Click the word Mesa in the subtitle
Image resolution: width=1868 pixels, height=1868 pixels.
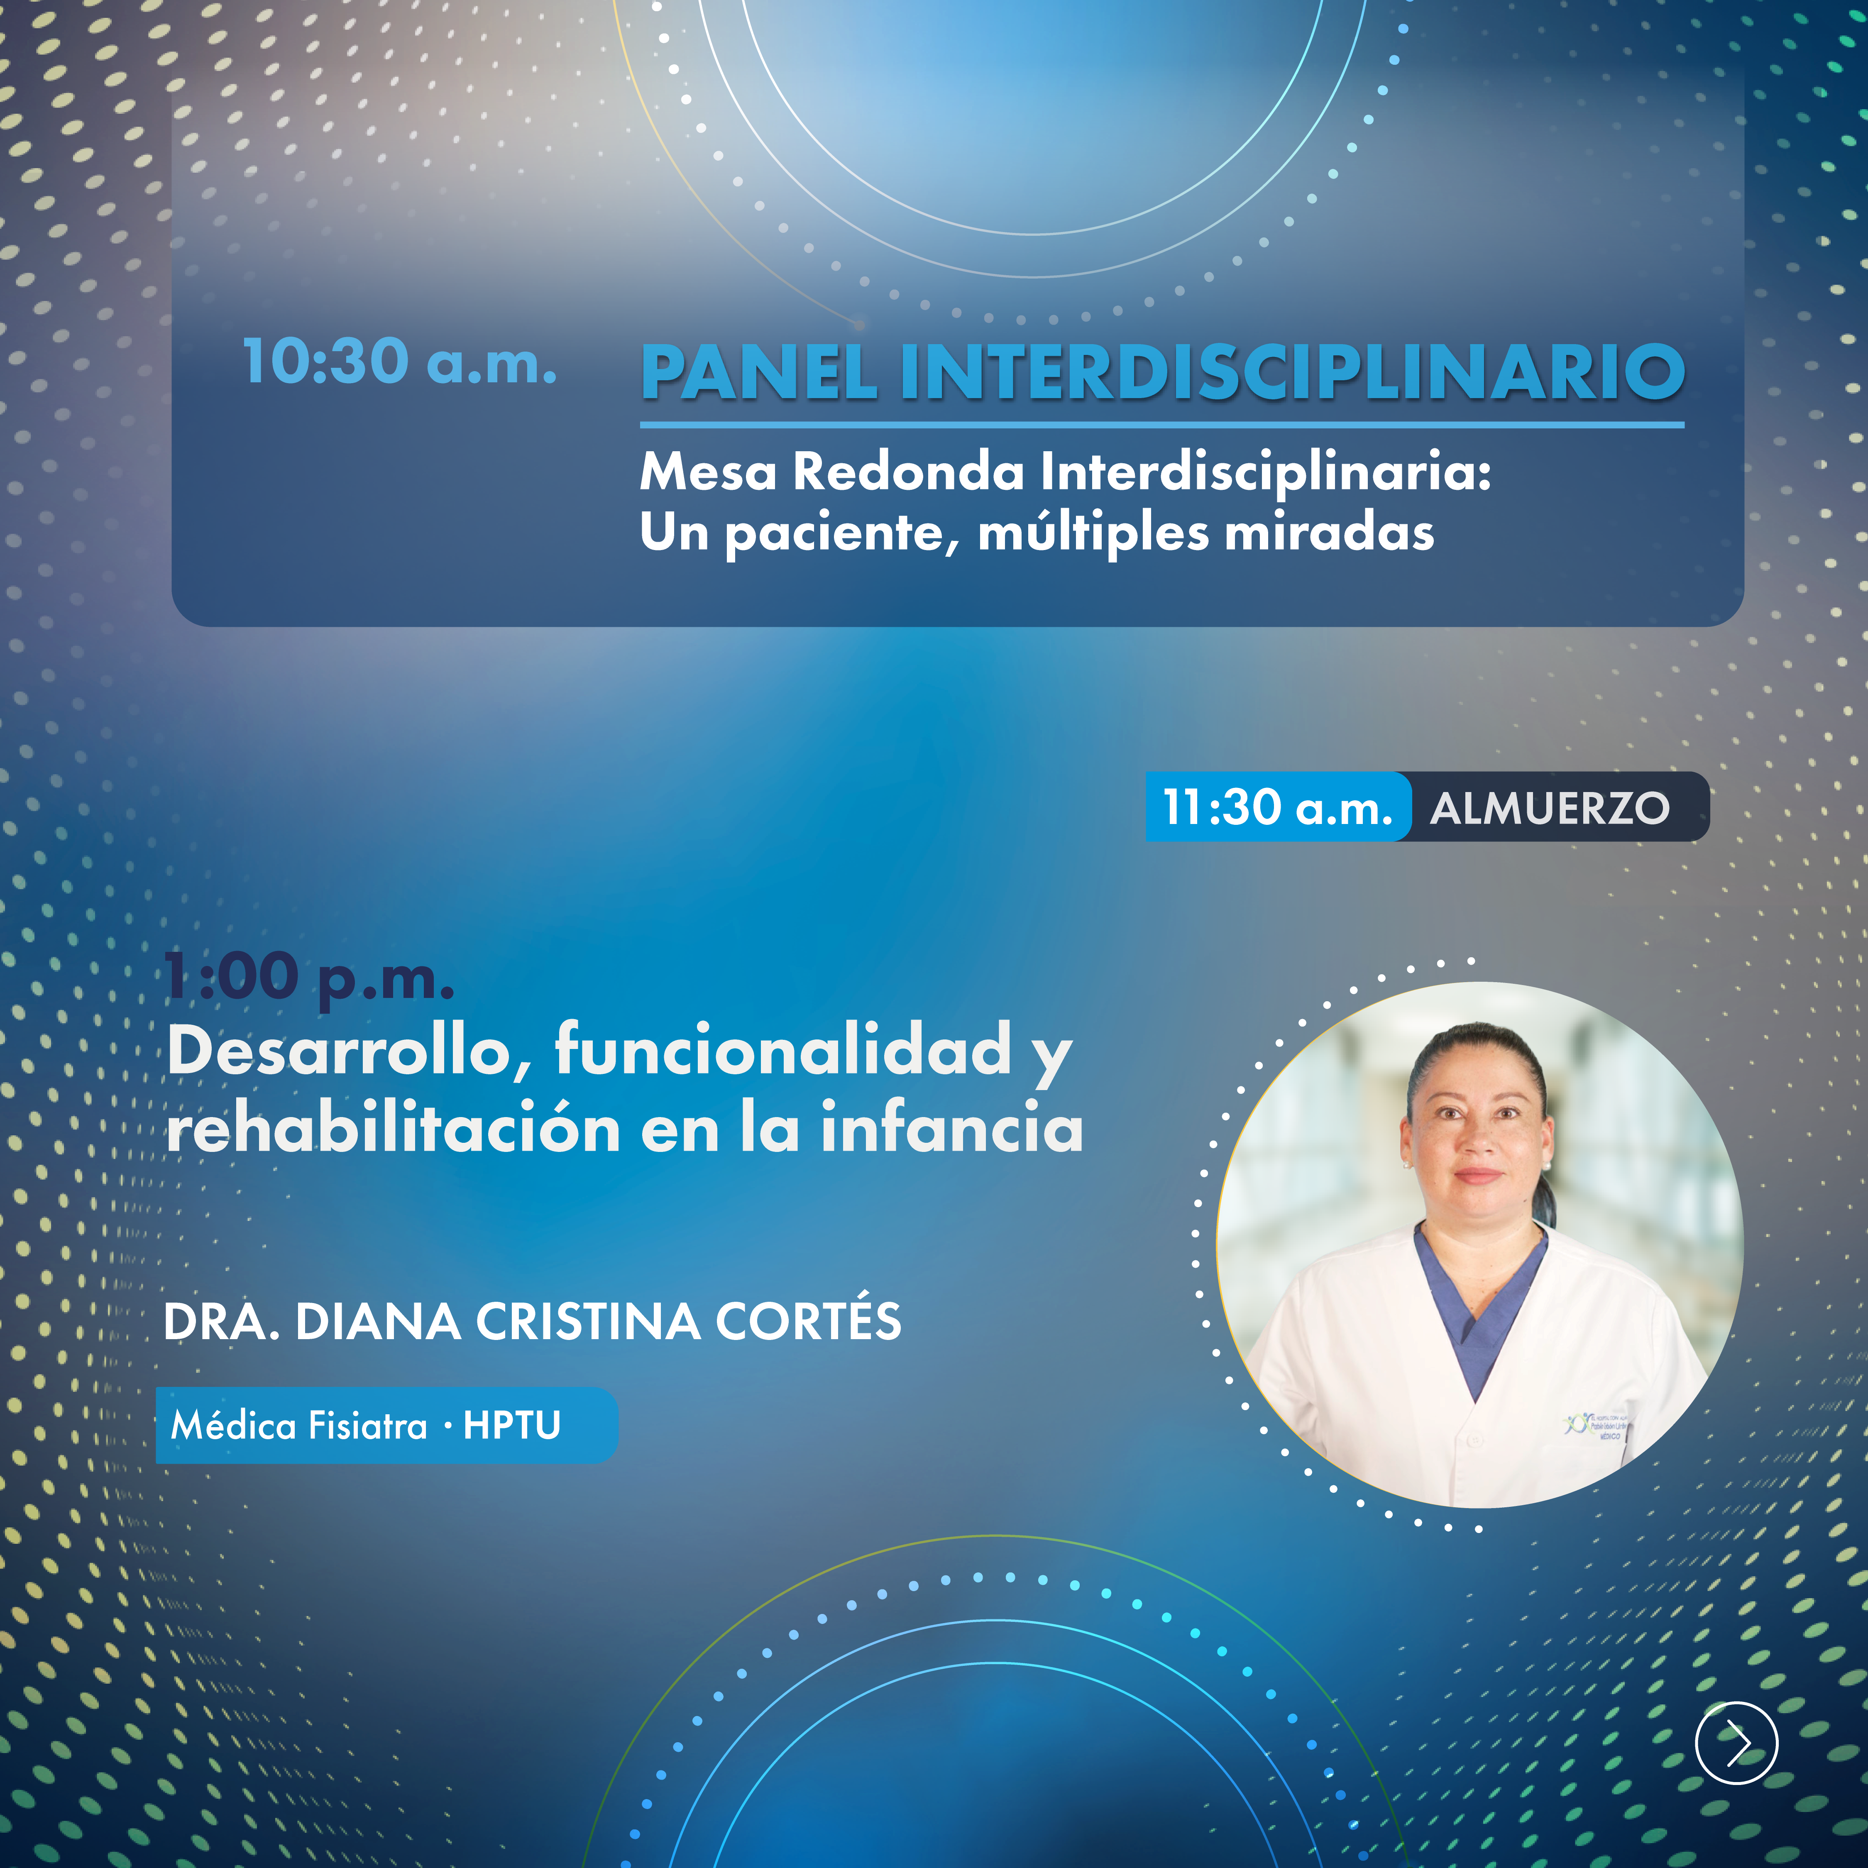pyautogui.click(x=709, y=473)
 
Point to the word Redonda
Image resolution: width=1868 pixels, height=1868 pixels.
pyautogui.click(x=910, y=473)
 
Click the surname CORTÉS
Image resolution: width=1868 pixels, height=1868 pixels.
pyautogui.click(x=808, y=1321)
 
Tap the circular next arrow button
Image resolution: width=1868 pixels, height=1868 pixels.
pyautogui.click(x=1736, y=1742)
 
